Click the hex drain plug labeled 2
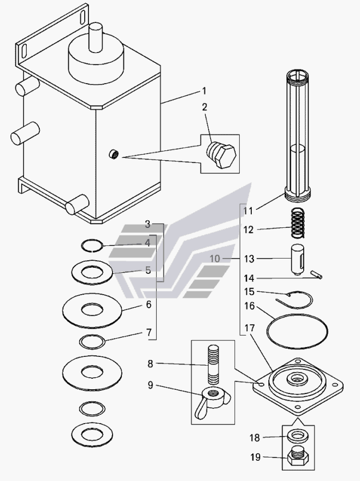click(221, 155)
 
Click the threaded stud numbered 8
click(214, 365)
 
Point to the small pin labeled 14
click(316, 274)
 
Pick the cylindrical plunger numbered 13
click(297, 260)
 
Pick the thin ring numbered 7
click(92, 341)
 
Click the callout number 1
click(204, 91)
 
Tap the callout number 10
click(215, 259)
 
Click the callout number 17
click(250, 329)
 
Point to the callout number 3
click(147, 224)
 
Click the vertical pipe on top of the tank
click(96, 37)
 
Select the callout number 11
click(248, 211)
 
